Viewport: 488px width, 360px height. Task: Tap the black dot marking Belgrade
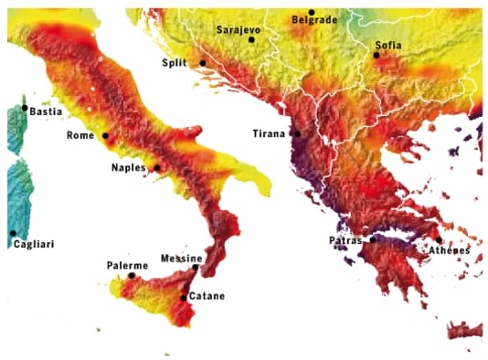[x=312, y=12]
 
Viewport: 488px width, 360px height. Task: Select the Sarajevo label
[x=239, y=30]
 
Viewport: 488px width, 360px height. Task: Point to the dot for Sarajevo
[x=251, y=40]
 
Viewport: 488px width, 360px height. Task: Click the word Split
[x=178, y=62]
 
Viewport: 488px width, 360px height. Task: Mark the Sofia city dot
[x=376, y=55]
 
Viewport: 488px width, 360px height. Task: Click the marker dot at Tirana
[x=296, y=133]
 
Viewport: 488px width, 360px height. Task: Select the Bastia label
[x=46, y=111]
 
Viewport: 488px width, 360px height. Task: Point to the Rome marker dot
[x=105, y=136]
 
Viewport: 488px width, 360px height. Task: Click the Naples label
[x=129, y=168]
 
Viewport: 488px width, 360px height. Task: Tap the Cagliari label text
[x=36, y=245]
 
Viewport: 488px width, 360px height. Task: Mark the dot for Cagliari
[x=13, y=233]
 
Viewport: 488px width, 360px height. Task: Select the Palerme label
[x=126, y=264]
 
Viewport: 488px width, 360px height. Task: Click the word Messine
[x=181, y=259]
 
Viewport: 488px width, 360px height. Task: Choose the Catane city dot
[x=184, y=297]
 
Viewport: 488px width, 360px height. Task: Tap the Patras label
[x=346, y=240]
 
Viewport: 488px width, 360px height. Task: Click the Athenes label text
[x=450, y=250]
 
